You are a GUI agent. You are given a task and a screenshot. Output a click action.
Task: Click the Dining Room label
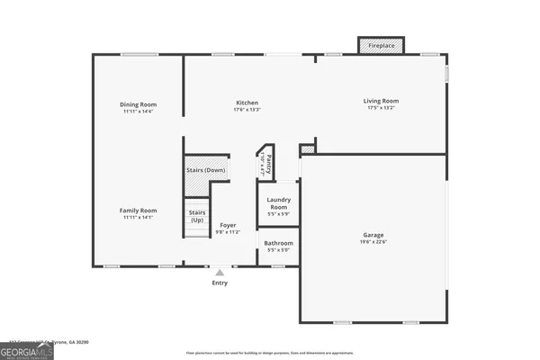point(138,103)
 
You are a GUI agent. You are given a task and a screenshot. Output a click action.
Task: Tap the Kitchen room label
point(247,103)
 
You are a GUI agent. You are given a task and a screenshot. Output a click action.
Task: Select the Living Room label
point(381,101)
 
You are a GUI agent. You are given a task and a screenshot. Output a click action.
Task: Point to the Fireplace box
point(381,44)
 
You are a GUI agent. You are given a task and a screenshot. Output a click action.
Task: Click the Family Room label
point(138,210)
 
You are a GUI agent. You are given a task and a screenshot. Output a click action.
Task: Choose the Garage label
point(373,235)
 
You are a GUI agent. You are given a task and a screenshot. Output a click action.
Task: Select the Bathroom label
point(278,243)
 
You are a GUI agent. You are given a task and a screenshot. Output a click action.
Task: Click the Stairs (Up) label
point(196,216)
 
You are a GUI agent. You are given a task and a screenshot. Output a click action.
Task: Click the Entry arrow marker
point(220,272)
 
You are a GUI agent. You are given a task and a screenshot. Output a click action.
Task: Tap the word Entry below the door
point(220,283)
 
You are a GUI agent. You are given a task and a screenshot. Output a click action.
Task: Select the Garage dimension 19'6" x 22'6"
point(373,242)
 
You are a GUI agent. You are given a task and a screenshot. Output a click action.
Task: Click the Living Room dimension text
point(381,108)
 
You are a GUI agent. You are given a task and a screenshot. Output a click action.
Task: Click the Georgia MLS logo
point(27,351)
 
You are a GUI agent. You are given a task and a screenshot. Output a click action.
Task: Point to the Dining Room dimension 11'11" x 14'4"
point(138,111)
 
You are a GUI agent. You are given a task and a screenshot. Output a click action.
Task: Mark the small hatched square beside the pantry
point(308,148)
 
